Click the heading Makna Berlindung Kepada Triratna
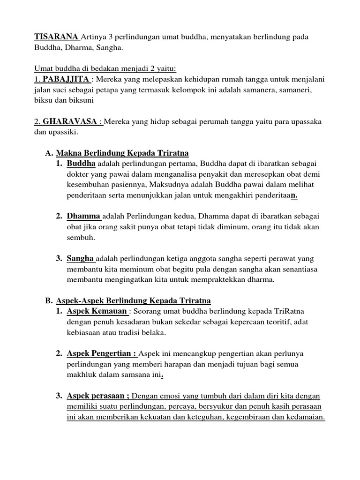(122, 153)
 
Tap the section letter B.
(48, 300)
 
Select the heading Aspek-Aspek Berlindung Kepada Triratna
(133, 300)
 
